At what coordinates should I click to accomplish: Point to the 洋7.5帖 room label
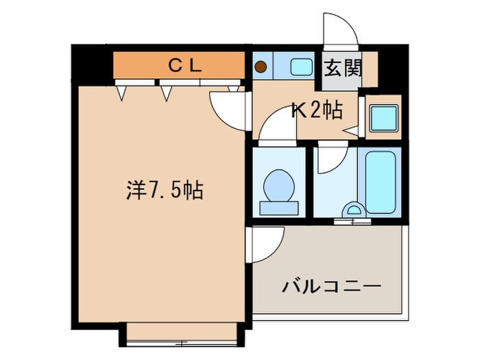pos(164,190)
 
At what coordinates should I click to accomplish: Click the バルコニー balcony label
pos(331,286)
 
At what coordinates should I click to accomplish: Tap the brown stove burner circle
pos(261,67)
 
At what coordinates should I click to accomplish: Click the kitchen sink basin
pos(300,67)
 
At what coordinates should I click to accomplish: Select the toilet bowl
pos(278,184)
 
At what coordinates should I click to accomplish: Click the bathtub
pos(381,182)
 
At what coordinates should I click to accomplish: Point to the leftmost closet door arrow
pos(121,92)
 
